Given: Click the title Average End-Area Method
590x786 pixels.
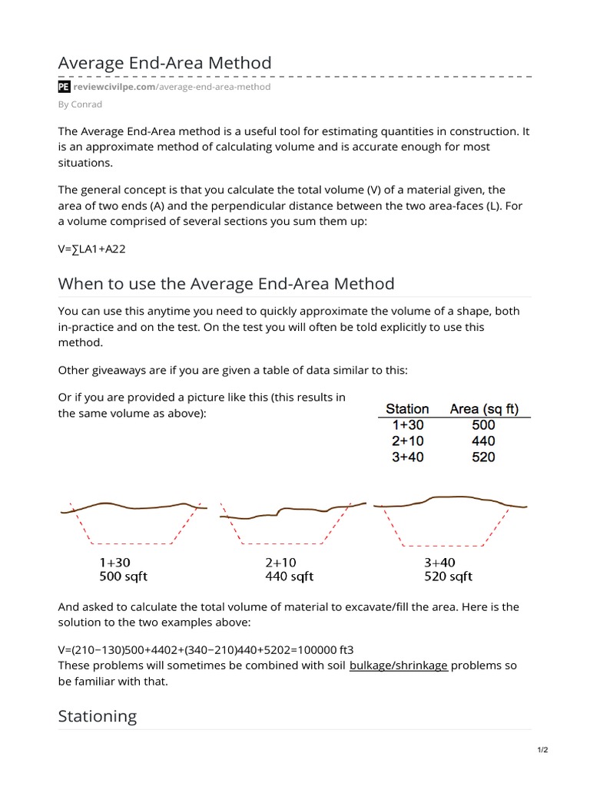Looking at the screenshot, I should [x=164, y=62].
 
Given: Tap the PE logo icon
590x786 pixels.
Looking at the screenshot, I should [x=65, y=88].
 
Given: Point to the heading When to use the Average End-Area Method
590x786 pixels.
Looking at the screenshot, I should [x=226, y=284].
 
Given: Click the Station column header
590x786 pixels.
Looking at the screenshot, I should [x=407, y=408].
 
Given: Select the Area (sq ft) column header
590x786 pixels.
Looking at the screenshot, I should [x=484, y=408].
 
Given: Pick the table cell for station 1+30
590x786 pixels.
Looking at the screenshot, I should [x=407, y=425].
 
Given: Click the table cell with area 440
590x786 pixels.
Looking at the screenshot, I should [x=484, y=441].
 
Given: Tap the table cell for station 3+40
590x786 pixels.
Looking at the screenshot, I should [x=407, y=457].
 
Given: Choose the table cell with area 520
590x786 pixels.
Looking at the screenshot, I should [x=484, y=457].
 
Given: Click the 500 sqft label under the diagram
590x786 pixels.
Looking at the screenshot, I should [x=123, y=576].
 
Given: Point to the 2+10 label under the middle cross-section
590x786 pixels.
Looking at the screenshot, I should [x=281, y=563].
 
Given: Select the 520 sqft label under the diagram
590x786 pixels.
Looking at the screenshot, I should [x=448, y=576].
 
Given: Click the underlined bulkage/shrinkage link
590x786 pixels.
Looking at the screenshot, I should [x=398, y=665].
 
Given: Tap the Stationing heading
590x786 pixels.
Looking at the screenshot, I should [x=98, y=716].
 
